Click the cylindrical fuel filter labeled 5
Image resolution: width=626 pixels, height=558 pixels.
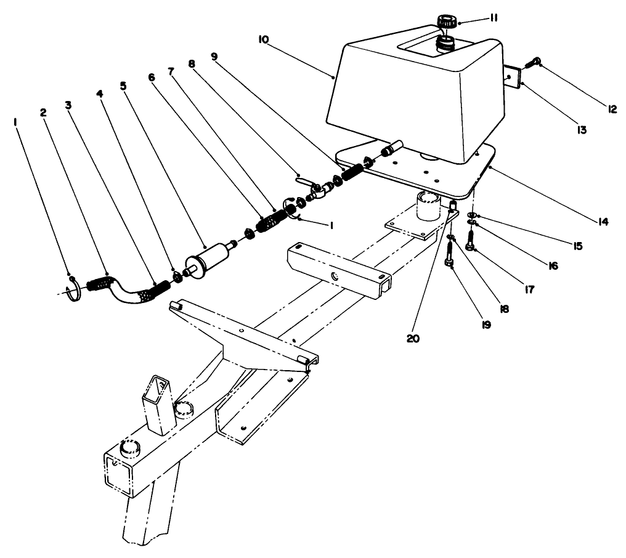(x=211, y=256)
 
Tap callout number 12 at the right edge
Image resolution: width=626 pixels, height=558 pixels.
(x=611, y=109)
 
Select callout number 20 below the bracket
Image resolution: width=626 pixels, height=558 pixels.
(x=413, y=338)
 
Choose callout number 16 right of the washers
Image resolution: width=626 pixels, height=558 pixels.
(x=552, y=266)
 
